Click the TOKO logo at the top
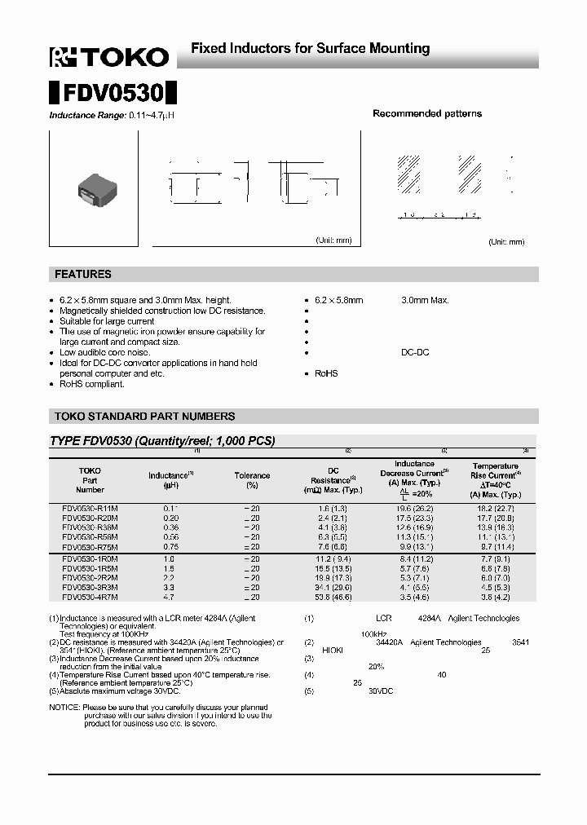[x=109, y=56]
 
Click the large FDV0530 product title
[x=113, y=90]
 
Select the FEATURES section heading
[x=83, y=275]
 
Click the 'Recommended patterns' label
[x=427, y=114]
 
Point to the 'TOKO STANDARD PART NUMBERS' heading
[x=144, y=417]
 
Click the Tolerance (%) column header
[x=252, y=480]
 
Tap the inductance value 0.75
[x=170, y=547]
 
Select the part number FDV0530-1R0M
[x=90, y=558]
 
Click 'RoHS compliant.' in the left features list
[x=92, y=384]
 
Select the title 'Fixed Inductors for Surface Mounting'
[x=310, y=49]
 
